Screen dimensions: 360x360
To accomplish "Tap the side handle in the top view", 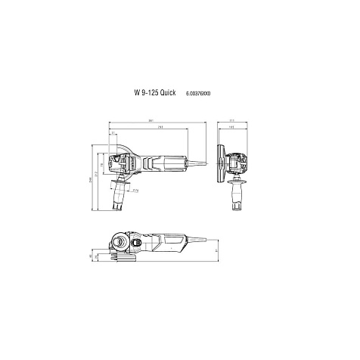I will [119, 195].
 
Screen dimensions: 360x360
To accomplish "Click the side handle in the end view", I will [242, 195].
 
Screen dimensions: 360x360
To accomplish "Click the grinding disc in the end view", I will [221, 163].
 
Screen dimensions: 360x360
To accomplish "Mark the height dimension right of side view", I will [213, 252].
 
